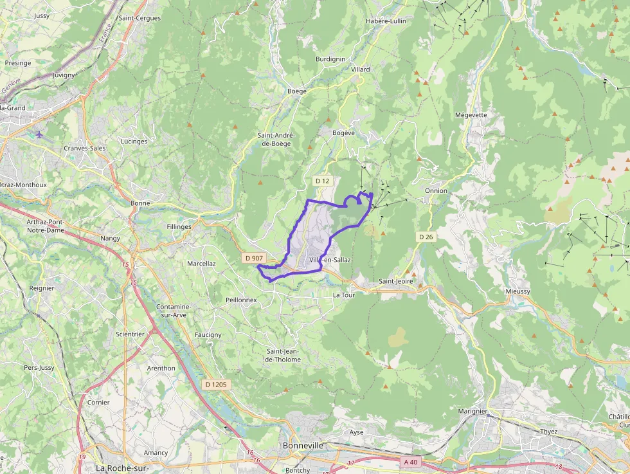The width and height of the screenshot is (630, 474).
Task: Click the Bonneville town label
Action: pyautogui.click(x=303, y=445)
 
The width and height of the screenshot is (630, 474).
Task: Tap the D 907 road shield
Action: pyautogui.click(x=254, y=258)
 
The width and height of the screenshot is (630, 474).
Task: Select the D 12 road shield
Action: pyautogui.click(x=322, y=181)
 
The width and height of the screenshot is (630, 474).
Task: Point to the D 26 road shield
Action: pyautogui.click(x=426, y=237)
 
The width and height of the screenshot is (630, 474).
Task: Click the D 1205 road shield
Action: pyautogui.click(x=215, y=385)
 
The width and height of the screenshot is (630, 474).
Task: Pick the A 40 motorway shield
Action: pyautogui.click(x=410, y=462)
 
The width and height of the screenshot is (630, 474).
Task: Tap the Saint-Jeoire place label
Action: pyautogui.click(x=396, y=281)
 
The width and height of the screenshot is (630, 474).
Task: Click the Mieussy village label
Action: pyautogui.click(x=518, y=291)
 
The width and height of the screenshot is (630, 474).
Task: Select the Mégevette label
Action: pyautogui.click(x=471, y=115)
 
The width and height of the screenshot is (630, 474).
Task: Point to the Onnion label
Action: pyautogui.click(x=436, y=191)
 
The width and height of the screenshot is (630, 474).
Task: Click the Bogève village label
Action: pyautogui.click(x=344, y=132)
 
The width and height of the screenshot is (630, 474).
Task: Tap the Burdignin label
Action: pyautogui.click(x=330, y=59)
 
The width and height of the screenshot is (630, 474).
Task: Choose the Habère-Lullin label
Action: pyautogui.click(x=386, y=21)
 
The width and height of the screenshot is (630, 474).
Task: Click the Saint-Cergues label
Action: pyautogui.click(x=139, y=18)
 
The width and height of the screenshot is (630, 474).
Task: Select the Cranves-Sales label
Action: pyautogui.click(x=85, y=148)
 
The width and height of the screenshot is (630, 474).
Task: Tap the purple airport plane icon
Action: pyautogui.click(x=40, y=134)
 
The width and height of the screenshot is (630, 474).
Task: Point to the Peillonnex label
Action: pyautogui.click(x=241, y=300)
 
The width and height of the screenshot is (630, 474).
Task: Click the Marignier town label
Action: pyautogui.click(x=473, y=411)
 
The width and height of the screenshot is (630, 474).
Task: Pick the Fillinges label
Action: pyautogui.click(x=179, y=227)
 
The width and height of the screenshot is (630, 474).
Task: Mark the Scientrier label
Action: pyautogui.click(x=130, y=334)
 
